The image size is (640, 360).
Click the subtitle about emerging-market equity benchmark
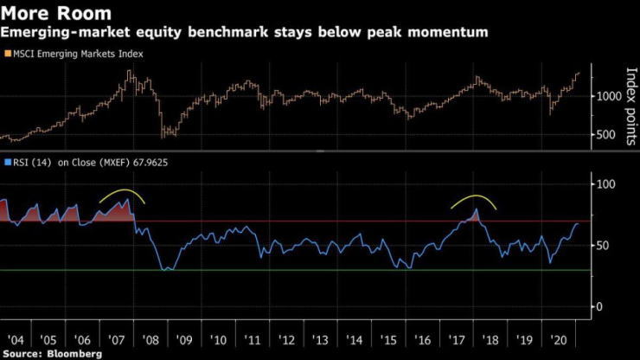(x=244, y=33)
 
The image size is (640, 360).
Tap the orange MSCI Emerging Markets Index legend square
(x=7, y=54)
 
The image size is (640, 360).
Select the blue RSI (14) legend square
(x=7, y=162)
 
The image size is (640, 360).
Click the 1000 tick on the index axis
(x=608, y=96)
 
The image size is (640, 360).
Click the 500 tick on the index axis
(x=605, y=135)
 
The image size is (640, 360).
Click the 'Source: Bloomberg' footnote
(x=51, y=354)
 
